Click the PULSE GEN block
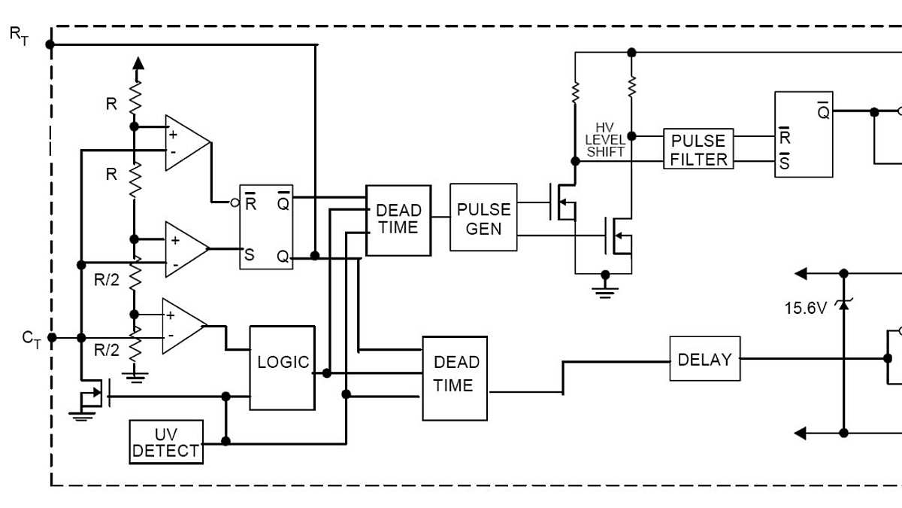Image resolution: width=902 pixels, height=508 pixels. tap(483, 217)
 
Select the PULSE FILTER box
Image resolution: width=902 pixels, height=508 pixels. tap(698, 149)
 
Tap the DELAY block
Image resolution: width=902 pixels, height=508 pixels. tap(704, 359)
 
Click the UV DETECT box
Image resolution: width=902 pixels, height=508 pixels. tap(166, 442)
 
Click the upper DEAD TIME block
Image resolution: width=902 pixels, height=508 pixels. tap(398, 220)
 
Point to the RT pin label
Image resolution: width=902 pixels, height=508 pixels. tap(19, 35)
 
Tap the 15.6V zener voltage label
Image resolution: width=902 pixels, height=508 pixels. tap(805, 307)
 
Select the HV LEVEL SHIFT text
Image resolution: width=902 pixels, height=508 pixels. tap(605, 140)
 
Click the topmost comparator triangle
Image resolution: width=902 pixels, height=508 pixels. tap(186, 142)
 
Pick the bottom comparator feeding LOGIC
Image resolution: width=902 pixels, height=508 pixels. tap(183, 326)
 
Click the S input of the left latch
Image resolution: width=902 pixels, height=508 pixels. tap(249, 255)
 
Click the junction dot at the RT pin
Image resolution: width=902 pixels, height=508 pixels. tap(50, 44)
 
